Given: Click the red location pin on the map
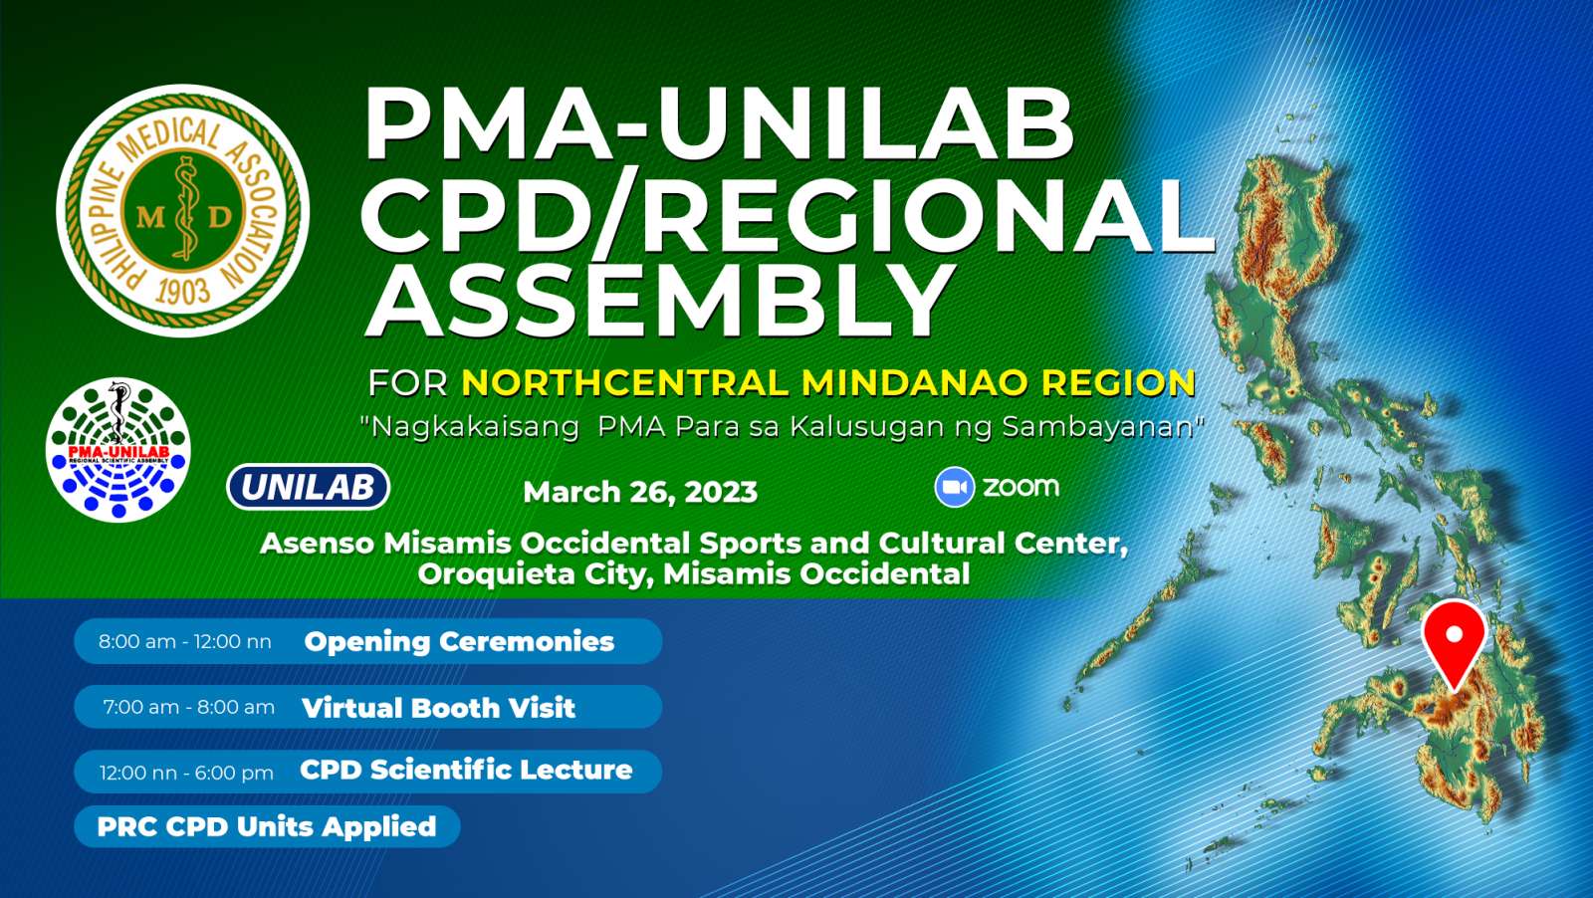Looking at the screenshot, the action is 1455,643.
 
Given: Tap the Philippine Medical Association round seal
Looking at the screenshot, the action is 183,210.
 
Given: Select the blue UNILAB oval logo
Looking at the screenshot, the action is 308,487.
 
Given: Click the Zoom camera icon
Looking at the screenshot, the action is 955,487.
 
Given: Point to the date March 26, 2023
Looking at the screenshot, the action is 640,492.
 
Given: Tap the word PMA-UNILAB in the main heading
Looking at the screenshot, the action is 718,125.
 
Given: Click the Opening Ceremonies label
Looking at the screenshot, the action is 459,641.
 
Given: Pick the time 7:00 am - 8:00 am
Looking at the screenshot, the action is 188,708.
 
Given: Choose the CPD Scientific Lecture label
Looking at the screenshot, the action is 466,770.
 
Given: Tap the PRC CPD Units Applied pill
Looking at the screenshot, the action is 267,826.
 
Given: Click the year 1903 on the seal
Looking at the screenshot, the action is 183,291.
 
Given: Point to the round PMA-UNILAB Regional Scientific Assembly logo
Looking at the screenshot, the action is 118,449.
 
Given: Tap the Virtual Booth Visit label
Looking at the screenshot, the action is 438,708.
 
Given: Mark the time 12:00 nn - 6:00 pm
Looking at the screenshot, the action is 186,773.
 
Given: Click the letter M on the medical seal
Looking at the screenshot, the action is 149,216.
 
